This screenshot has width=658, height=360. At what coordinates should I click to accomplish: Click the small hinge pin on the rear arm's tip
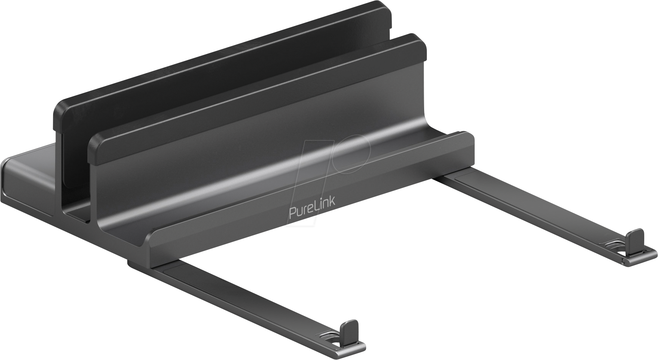(624, 261)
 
